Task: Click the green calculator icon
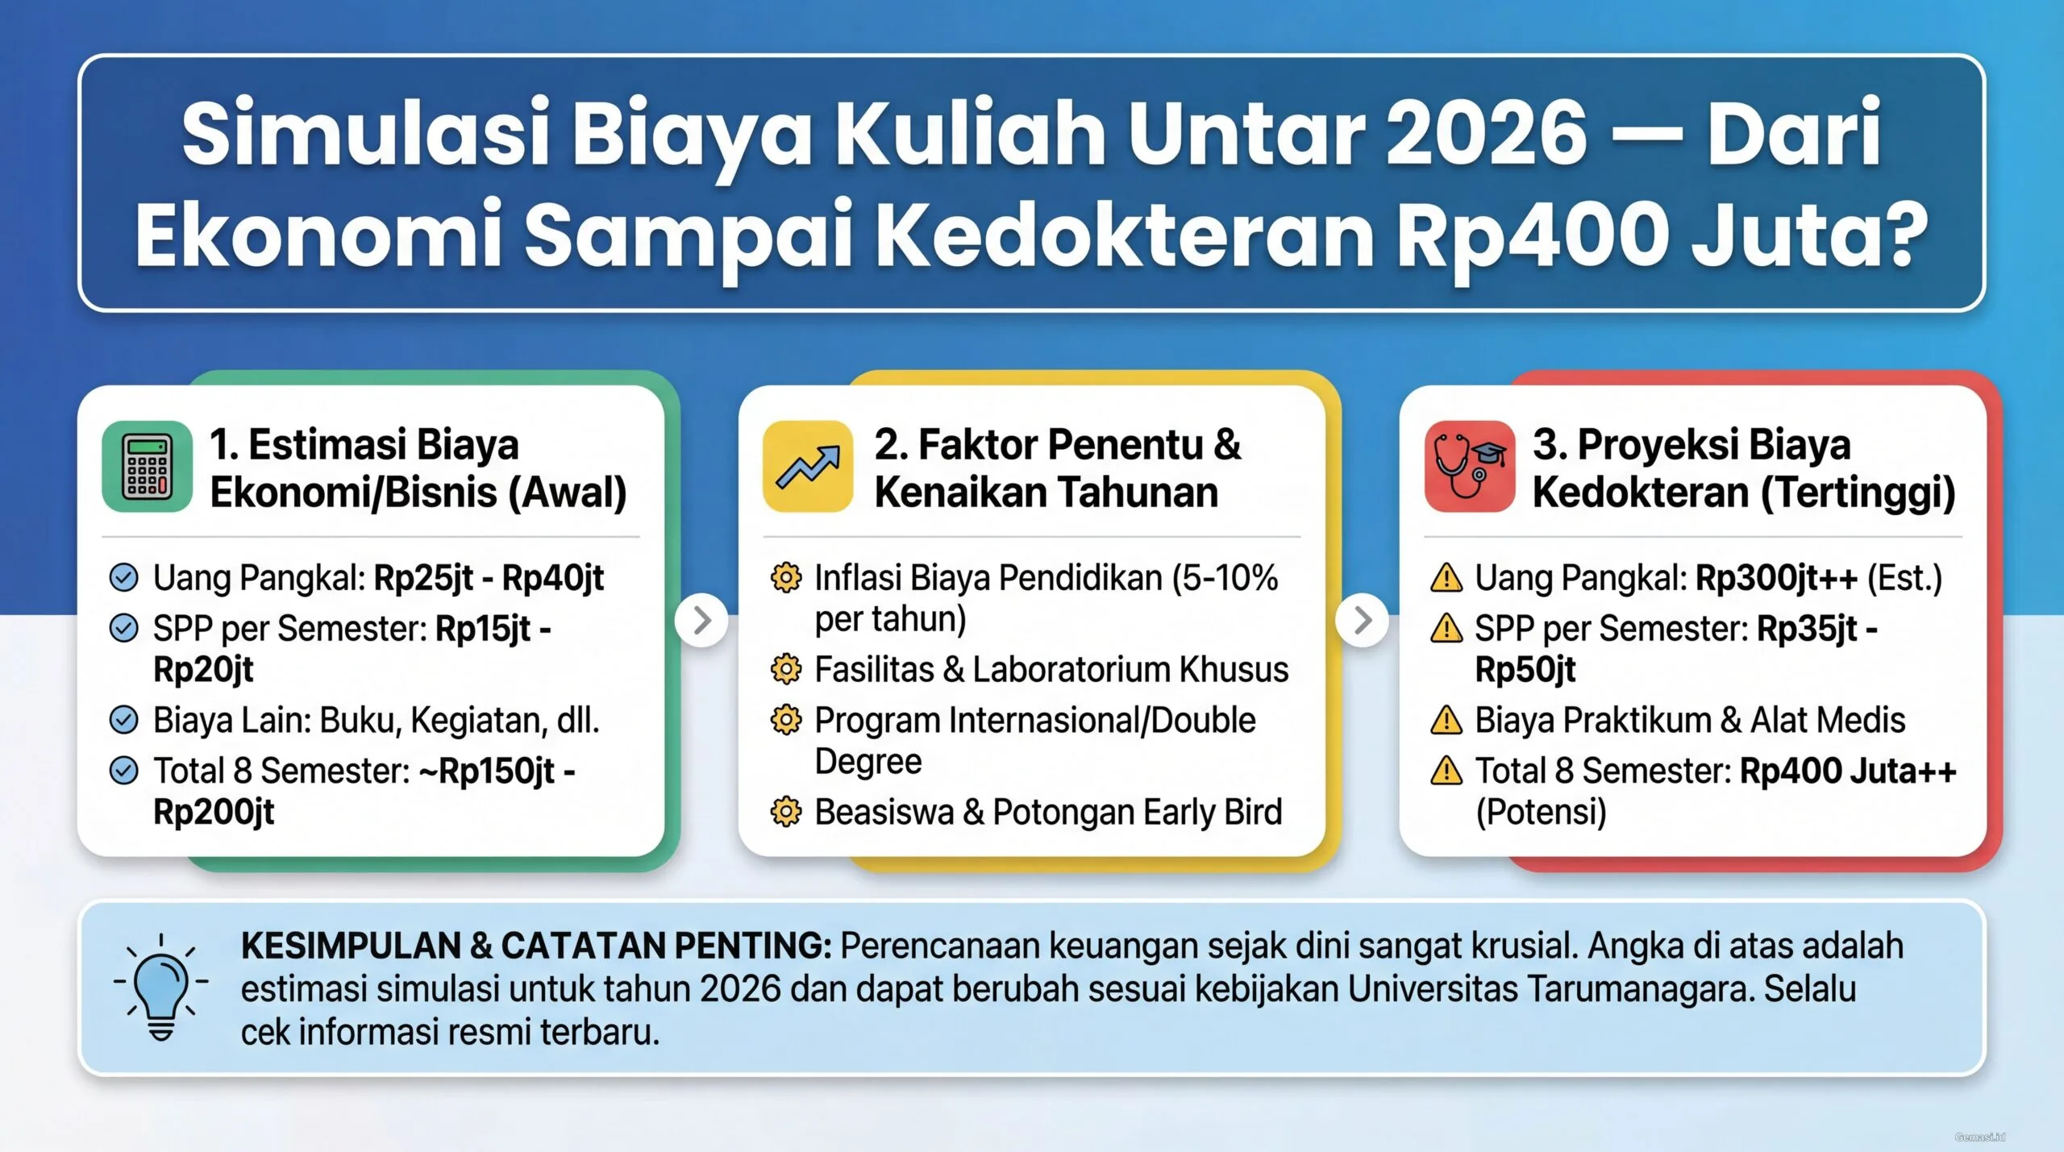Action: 147,466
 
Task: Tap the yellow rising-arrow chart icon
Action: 808,466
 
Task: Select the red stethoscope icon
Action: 1469,466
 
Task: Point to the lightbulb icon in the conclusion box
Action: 161,987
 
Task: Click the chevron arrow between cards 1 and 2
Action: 701,620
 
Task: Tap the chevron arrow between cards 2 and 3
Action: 1363,620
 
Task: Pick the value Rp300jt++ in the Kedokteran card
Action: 1776,578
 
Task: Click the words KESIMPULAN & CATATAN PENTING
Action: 536,946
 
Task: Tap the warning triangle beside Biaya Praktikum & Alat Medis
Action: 1446,721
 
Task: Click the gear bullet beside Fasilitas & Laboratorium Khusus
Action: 786,669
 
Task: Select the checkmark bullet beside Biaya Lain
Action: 123,720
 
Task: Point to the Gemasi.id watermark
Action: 1979,1137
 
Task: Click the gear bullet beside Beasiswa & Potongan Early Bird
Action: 786,812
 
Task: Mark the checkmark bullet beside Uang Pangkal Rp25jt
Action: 123,578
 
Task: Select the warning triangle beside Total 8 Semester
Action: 1446,771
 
